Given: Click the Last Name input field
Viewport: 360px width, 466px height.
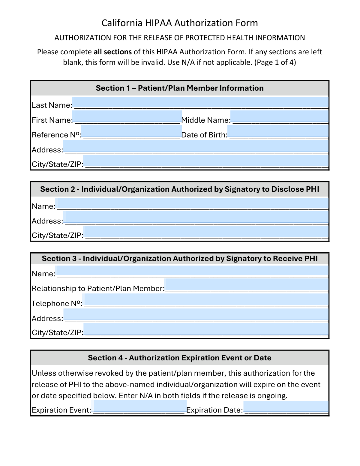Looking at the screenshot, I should click(x=200, y=103).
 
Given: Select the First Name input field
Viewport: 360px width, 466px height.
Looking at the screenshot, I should click(x=127, y=117).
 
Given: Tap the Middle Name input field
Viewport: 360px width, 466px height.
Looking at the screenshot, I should click(x=279, y=117).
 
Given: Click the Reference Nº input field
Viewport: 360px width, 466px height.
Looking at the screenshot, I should click(x=131, y=131).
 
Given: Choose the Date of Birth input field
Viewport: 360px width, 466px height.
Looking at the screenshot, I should click(x=278, y=131).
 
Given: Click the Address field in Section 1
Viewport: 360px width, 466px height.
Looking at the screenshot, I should click(x=196, y=146).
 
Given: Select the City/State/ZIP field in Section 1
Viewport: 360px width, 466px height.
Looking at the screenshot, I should click(x=206, y=161).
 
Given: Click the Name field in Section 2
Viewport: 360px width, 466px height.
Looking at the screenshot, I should click(x=192, y=203).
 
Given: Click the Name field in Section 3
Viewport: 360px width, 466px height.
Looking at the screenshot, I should click(x=192, y=271).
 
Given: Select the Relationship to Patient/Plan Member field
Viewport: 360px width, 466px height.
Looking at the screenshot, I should click(x=247, y=285).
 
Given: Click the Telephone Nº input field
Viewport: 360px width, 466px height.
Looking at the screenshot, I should click(x=206, y=300).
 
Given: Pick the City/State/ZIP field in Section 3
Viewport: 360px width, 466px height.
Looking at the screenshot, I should click(x=206, y=329).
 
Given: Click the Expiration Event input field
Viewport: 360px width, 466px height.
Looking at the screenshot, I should click(x=140, y=406).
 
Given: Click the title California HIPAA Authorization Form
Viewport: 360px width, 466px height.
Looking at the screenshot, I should click(x=180, y=23).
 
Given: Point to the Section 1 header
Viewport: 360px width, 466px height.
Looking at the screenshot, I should click(x=180, y=88).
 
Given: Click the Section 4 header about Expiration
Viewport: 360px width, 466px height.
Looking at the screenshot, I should click(x=180, y=358).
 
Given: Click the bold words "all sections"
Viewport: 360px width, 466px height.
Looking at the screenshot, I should click(x=112, y=52).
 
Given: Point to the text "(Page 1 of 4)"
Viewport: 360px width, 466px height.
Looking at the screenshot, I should click(x=275, y=62).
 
